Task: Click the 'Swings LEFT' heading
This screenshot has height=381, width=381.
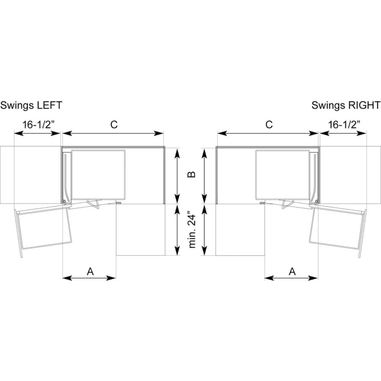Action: [x=31, y=106]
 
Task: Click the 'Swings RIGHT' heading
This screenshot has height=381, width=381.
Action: [x=346, y=106]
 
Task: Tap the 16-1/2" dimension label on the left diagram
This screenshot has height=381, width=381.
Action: [x=39, y=125]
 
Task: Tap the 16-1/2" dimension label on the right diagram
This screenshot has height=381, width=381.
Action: [x=344, y=125]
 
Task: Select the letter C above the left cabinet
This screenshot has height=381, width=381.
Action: [x=114, y=124]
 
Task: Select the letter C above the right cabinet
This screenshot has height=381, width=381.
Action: [x=269, y=124]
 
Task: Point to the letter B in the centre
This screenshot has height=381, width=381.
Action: [x=192, y=174]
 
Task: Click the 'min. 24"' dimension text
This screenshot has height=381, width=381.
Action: [x=192, y=231]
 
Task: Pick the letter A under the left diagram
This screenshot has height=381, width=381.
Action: [x=91, y=271]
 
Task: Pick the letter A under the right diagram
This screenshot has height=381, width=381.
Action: [x=292, y=271]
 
